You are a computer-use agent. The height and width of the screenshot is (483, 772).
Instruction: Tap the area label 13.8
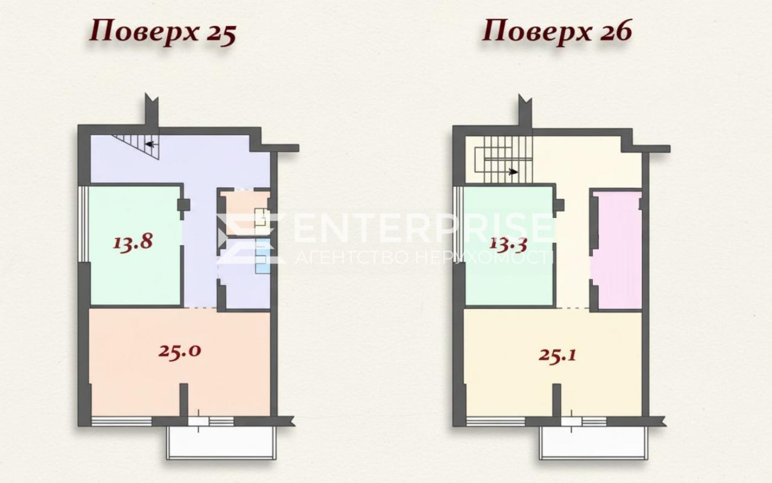point(133,242)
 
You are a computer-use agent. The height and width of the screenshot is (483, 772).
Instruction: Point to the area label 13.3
point(508,245)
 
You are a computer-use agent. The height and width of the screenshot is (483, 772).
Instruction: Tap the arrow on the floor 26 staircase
point(513,172)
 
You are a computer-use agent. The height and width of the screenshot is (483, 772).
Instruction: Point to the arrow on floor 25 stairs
point(149,144)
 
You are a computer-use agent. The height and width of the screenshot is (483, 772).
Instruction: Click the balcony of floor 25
point(221,443)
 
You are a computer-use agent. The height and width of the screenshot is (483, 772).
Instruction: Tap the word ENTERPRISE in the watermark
point(422,228)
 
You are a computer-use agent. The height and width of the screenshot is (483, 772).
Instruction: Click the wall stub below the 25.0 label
point(184,400)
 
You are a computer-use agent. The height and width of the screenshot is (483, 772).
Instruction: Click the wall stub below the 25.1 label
point(556,400)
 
